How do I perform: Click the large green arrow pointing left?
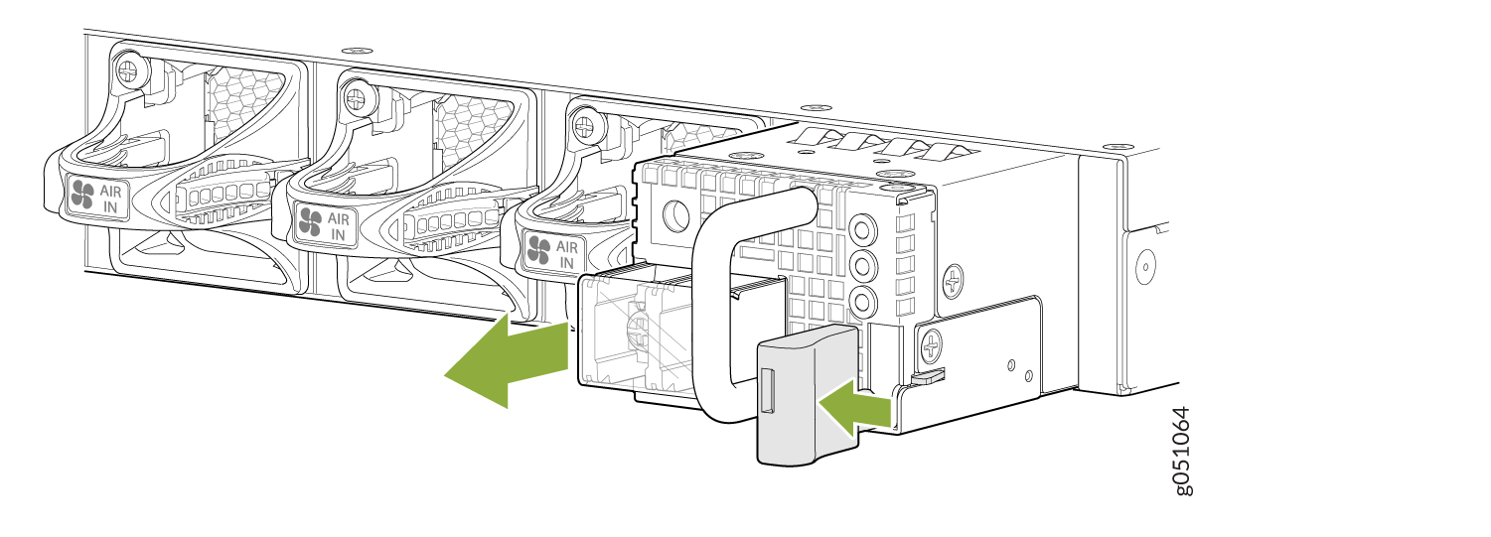pos(508,360)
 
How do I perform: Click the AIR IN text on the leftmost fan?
pos(110,200)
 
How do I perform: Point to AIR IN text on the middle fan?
pos(338,226)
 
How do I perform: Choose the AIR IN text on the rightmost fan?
pos(566,255)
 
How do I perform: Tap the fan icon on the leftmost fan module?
pos(82,195)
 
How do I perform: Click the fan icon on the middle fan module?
pos(310,221)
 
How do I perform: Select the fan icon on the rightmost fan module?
pos(538,250)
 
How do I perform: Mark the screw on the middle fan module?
pos(357,98)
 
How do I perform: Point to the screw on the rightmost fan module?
pos(585,125)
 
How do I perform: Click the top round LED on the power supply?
pos(862,231)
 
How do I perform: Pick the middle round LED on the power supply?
pos(862,267)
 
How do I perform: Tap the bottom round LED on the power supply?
pos(862,302)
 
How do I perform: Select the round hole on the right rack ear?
pos(1145,266)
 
